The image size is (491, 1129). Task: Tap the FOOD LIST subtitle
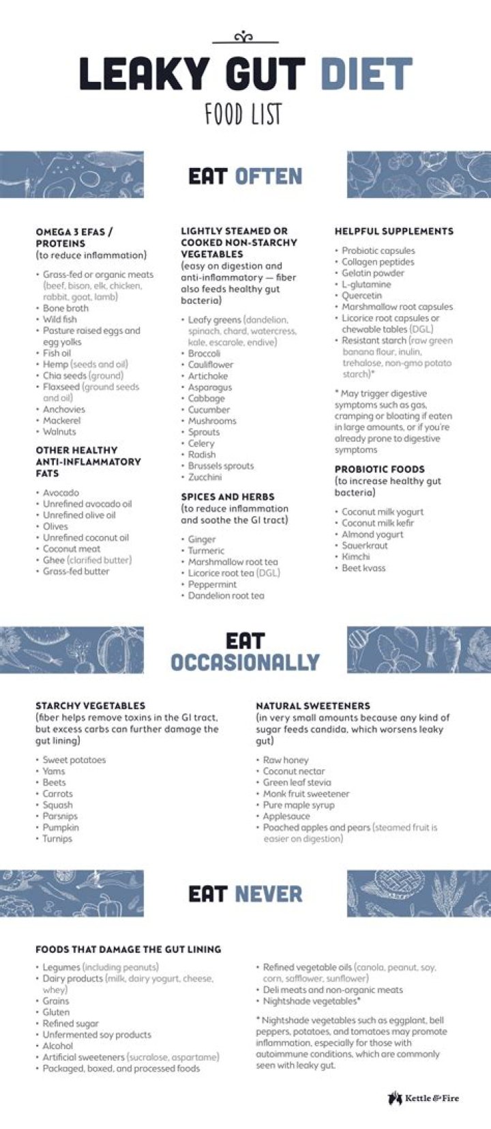coord(243,114)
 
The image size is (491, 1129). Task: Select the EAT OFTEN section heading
coord(245,176)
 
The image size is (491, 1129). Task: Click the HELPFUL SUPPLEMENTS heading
coord(393,231)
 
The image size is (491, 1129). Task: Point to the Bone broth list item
coord(65,308)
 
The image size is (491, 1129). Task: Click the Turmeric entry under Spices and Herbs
coord(206,550)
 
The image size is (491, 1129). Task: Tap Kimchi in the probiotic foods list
coord(355,556)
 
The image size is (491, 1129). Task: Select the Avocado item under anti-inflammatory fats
coord(61,492)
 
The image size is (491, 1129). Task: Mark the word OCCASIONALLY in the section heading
coord(245,662)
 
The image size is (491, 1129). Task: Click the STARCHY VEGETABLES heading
coord(90,706)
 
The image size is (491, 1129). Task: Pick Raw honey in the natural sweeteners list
coord(286,760)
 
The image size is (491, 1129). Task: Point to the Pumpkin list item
coord(61,827)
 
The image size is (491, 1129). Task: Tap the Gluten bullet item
coord(56,1012)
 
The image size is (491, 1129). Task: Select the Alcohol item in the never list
coord(57,1046)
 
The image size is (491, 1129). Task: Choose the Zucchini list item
coord(205,477)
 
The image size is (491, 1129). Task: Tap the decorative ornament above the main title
coord(245,38)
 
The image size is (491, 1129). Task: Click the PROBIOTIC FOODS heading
coord(379,470)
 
